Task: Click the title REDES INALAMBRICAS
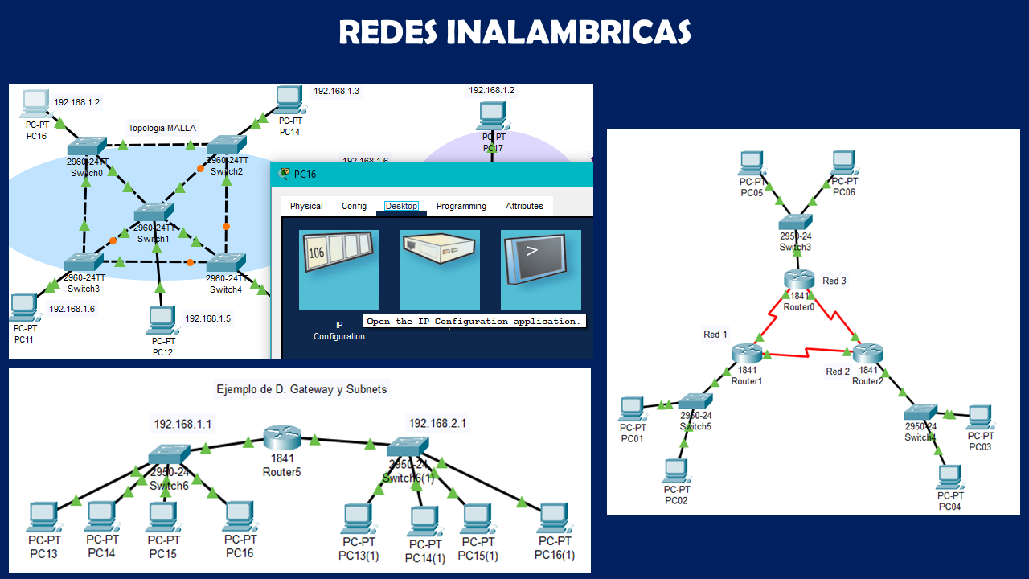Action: [514, 33]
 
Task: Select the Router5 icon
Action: [281, 438]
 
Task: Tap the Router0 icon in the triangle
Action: [799, 279]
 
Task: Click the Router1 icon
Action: [746, 353]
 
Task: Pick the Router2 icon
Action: [868, 353]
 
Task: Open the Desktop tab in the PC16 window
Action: [401, 206]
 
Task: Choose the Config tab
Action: [354, 206]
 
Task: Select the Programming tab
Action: [461, 206]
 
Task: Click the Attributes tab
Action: [524, 206]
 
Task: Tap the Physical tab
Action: [306, 206]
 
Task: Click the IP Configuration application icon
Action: [339, 270]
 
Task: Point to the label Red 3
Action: [834, 281]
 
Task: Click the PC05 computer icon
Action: [751, 163]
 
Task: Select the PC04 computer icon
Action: [949, 477]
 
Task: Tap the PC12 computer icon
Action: [160, 321]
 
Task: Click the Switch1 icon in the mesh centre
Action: [153, 213]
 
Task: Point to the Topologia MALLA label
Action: [162, 128]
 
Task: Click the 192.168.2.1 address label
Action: [437, 423]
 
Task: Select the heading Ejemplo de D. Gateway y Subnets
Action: [301, 389]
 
